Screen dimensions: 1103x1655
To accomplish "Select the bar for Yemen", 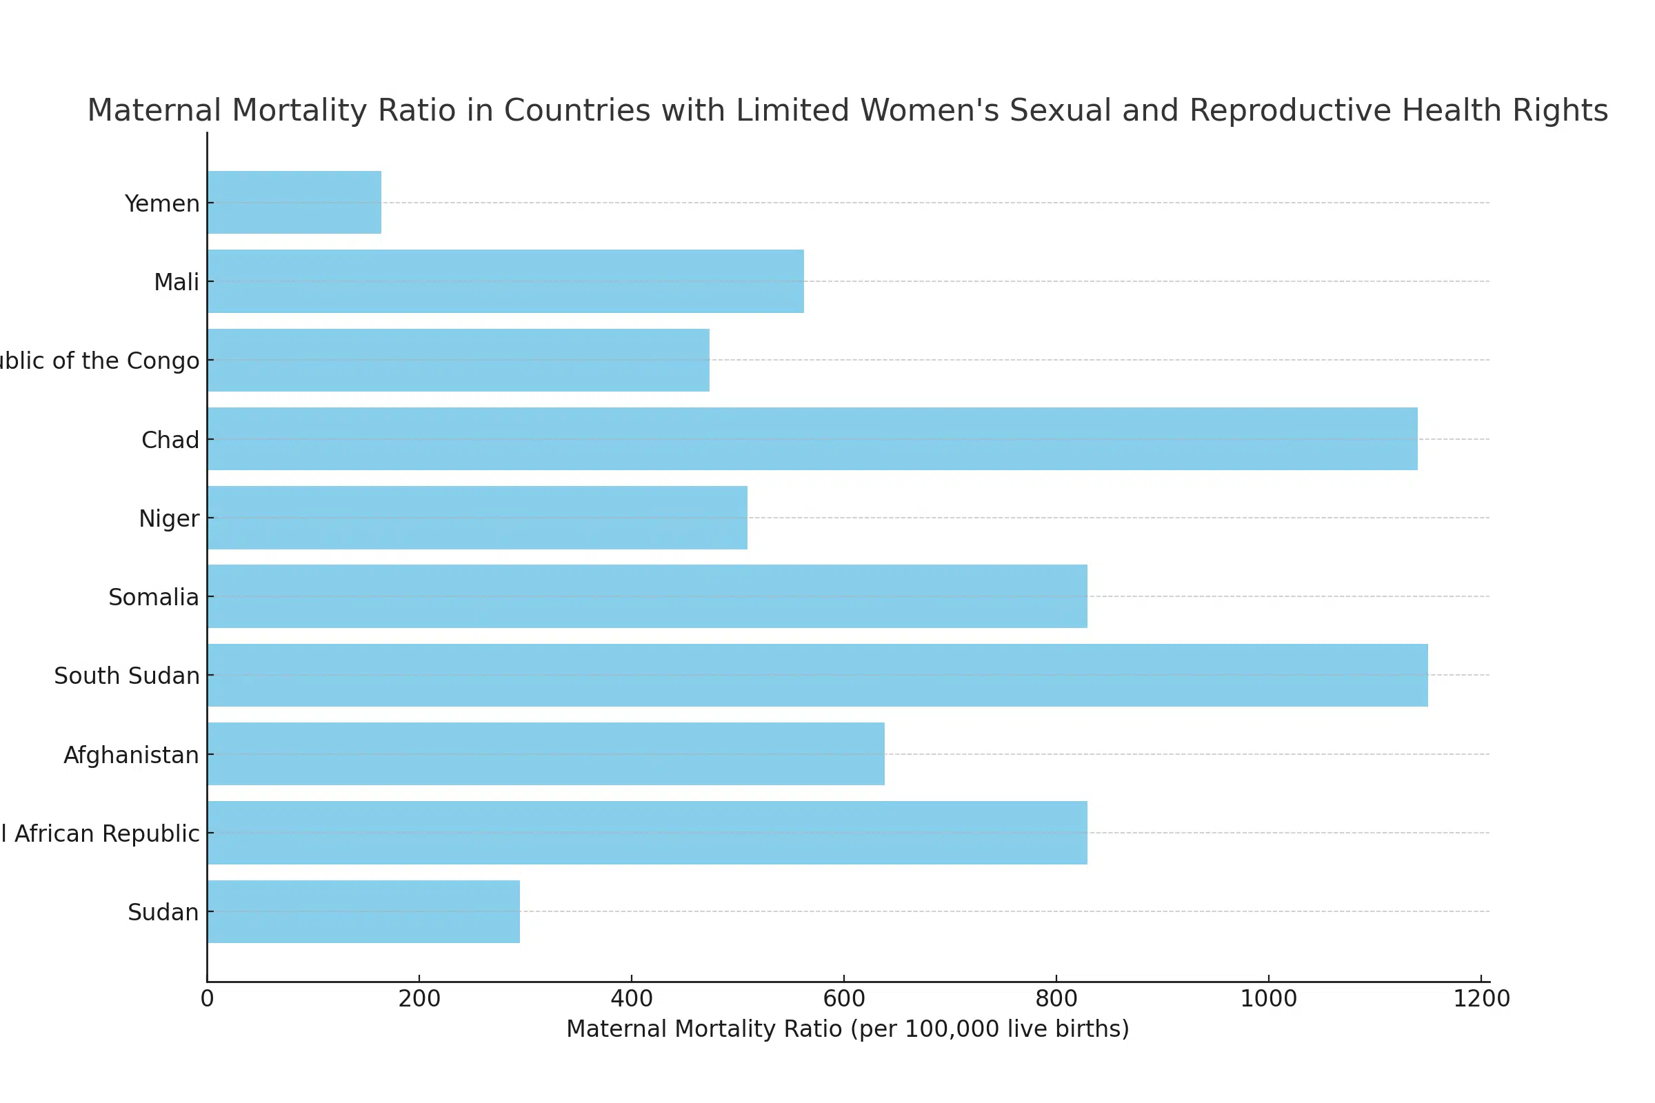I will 294,203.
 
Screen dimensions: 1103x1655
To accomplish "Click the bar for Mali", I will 505,281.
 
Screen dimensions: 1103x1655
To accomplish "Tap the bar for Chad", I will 812,439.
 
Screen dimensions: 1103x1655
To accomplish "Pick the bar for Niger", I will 477,518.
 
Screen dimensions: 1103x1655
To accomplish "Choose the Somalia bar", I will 647,596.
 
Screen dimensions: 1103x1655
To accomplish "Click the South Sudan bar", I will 817,676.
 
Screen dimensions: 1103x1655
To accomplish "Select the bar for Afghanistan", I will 545,754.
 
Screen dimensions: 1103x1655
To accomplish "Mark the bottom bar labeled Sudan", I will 363,911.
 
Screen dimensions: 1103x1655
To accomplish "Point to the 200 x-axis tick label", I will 419,999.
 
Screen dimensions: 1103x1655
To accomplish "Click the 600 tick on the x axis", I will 843,999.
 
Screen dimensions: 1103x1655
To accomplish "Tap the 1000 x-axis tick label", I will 1268,999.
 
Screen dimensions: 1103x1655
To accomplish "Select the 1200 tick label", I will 1481,999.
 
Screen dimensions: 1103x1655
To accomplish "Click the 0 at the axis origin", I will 207,999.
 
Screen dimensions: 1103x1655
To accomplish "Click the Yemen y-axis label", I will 162,204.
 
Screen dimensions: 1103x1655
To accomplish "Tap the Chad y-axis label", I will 170,441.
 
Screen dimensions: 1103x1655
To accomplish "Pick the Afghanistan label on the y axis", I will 132,756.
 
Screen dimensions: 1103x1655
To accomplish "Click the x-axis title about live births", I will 847,1029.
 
